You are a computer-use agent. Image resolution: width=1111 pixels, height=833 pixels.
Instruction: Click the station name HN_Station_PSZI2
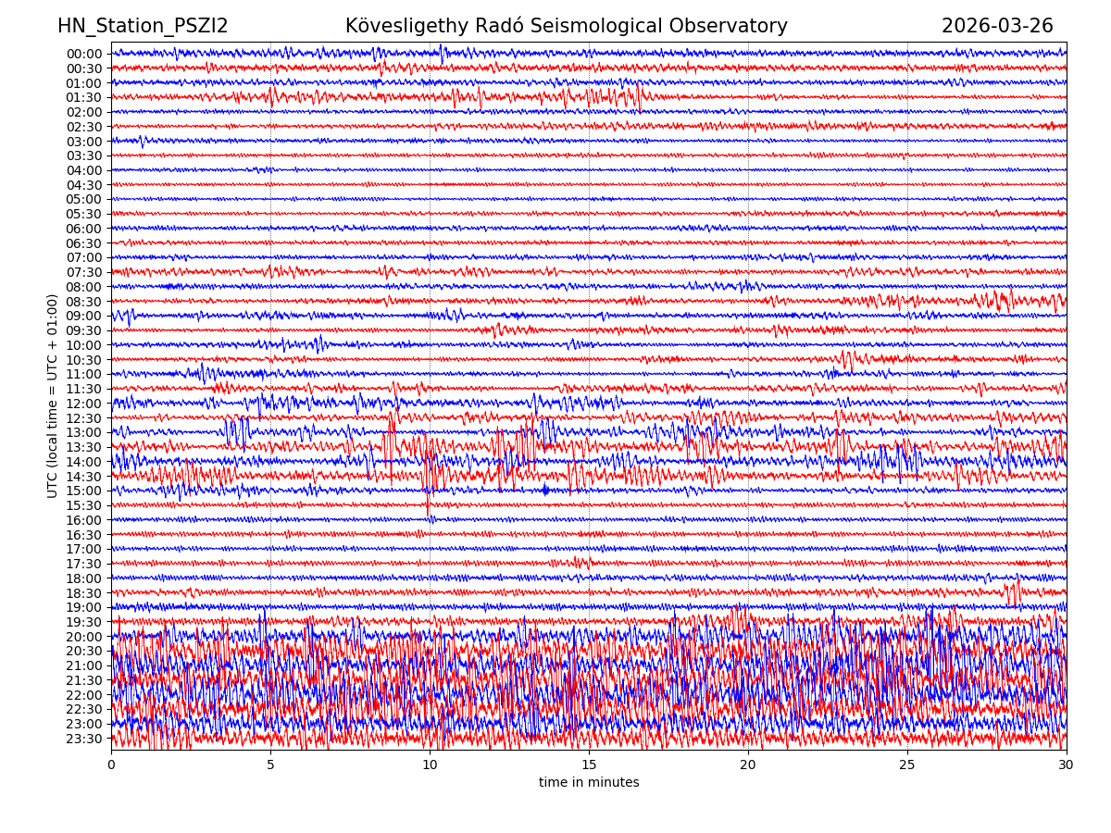pyautogui.click(x=143, y=27)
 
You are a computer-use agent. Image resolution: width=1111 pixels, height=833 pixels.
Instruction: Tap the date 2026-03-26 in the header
pyautogui.click(x=997, y=27)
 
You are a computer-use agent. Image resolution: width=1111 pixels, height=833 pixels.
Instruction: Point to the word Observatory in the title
pyautogui.click(x=737, y=27)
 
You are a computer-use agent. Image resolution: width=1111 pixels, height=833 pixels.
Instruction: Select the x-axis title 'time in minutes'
pyautogui.click(x=589, y=783)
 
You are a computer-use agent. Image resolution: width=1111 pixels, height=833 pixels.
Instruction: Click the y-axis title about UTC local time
pyautogui.click(x=54, y=395)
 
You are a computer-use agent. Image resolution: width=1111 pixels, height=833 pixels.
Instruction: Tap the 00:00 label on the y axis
pyautogui.click(x=84, y=54)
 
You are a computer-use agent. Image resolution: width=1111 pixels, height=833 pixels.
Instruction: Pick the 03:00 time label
pyautogui.click(x=84, y=142)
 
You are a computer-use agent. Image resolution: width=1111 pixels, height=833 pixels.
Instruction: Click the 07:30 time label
pyautogui.click(x=84, y=272)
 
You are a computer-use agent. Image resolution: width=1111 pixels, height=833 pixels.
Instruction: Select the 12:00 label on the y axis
pyautogui.click(x=84, y=404)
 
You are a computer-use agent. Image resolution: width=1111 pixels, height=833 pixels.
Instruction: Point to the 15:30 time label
pyautogui.click(x=84, y=505)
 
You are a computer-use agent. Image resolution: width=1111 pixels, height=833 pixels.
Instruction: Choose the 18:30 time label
pyautogui.click(x=84, y=593)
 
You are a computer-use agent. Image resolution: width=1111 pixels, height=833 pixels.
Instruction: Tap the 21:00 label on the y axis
pyautogui.click(x=84, y=665)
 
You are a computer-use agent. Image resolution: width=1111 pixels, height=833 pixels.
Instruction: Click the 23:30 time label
pyautogui.click(x=84, y=739)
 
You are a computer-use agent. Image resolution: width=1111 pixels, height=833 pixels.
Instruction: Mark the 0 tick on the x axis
pyautogui.click(x=111, y=765)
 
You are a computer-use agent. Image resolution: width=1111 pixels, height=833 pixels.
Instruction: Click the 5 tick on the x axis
pyautogui.click(x=270, y=765)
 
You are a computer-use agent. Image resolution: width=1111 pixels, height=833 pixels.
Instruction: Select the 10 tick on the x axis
pyautogui.click(x=430, y=765)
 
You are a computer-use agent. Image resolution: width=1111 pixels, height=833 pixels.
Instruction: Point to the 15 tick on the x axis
pyautogui.click(x=589, y=765)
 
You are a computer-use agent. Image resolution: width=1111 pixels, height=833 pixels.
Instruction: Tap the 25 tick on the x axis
pyautogui.click(x=907, y=765)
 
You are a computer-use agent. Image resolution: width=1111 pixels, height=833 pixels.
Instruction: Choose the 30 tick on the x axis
pyautogui.click(x=1067, y=765)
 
